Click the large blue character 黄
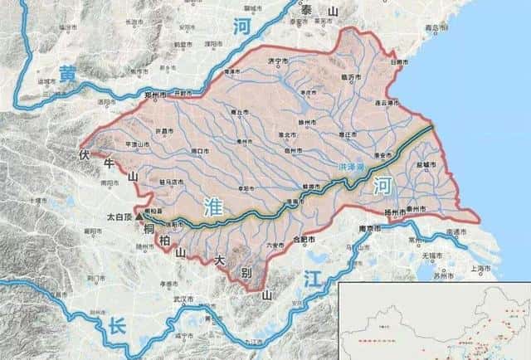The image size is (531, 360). [x=66, y=75]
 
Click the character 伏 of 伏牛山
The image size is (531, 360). [x=83, y=155]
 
